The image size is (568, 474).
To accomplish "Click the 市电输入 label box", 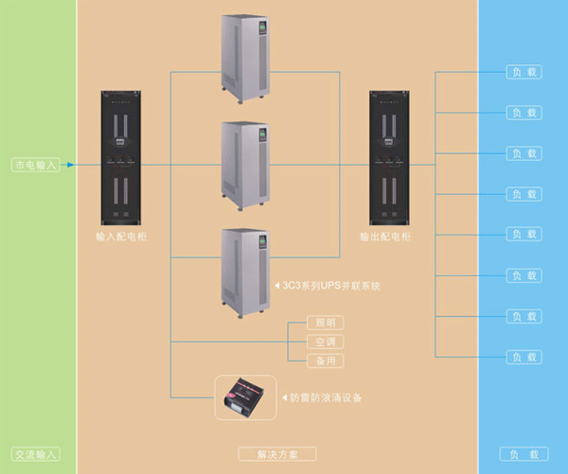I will click(x=35, y=165).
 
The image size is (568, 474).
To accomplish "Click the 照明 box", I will click(x=324, y=323).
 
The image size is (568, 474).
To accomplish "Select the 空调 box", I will click(x=324, y=342).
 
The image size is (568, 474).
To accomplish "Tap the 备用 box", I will click(x=324, y=360).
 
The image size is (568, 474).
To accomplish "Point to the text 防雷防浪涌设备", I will click(x=328, y=398).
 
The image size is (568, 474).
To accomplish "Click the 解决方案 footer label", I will click(x=277, y=454).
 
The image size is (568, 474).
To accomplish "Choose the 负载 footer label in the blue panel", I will click(x=524, y=454).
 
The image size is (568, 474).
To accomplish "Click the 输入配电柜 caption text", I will click(x=119, y=238).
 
